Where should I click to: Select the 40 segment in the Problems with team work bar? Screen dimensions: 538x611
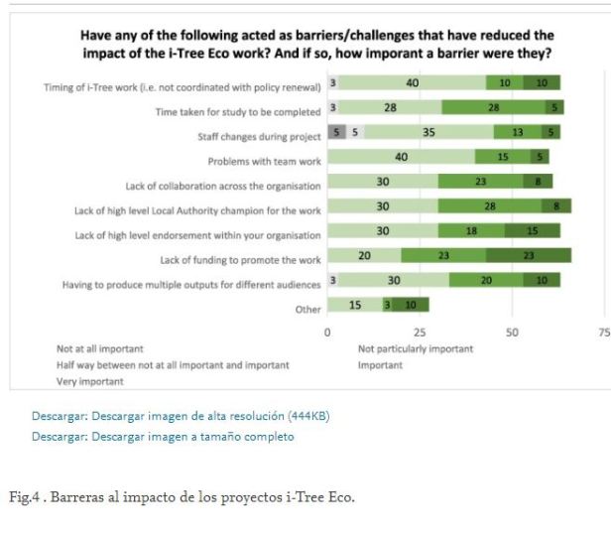click(x=401, y=157)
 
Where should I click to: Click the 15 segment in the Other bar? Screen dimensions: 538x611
click(x=354, y=305)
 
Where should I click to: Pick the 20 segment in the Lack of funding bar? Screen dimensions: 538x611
click(x=364, y=256)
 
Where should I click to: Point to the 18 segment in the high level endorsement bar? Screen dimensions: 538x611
click(x=471, y=230)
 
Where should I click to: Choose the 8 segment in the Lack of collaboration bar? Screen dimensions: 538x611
click(x=538, y=182)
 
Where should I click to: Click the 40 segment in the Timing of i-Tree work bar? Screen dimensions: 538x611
click(x=412, y=83)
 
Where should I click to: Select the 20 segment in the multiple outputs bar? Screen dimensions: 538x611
click(x=486, y=281)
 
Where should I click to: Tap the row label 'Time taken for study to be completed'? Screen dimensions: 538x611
click(x=238, y=112)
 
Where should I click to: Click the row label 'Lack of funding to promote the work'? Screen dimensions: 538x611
click(x=240, y=260)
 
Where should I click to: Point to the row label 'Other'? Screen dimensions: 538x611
click(x=307, y=310)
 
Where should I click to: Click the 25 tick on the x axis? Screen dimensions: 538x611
click(x=420, y=332)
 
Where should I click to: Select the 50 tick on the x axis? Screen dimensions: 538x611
click(x=512, y=332)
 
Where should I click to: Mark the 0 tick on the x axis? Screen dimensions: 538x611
click(x=327, y=332)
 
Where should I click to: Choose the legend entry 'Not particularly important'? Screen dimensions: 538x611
click(x=416, y=348)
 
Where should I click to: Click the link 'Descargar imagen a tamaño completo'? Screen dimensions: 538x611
click(x=192, y=437)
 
